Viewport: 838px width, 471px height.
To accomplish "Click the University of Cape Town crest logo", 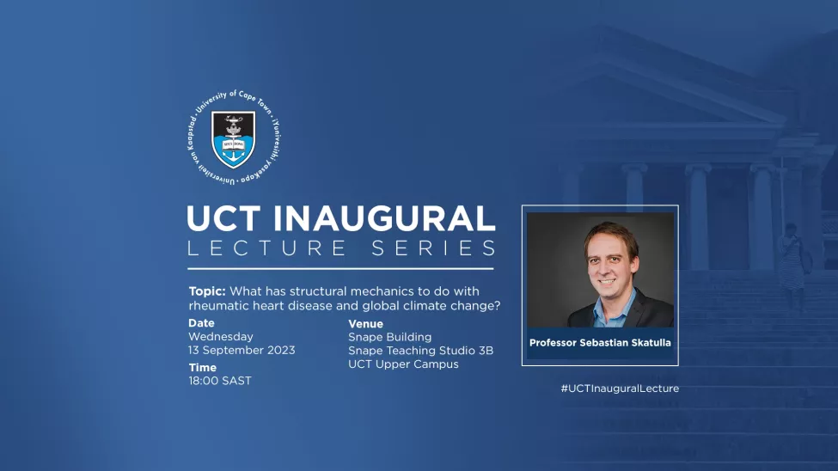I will [x=233, y=140].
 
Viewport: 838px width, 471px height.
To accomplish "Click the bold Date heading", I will [x=201, y=323].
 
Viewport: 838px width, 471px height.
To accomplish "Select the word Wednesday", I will [x=221, y=337].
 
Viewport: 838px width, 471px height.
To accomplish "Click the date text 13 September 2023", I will [x=242, y=351].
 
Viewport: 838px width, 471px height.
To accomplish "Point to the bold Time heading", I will [x=203, y=368].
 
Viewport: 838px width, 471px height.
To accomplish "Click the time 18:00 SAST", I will [x=220, y=381].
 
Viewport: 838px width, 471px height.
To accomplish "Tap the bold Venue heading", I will [x=365, y=324].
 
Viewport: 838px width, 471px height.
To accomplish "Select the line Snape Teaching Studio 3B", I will [x=420, y=351].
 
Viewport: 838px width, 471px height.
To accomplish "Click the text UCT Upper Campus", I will [x=403, y=364].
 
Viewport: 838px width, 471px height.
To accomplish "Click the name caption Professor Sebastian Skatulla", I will [x=600, y=343].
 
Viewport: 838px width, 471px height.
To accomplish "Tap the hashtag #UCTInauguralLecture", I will [x=620, y=388].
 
